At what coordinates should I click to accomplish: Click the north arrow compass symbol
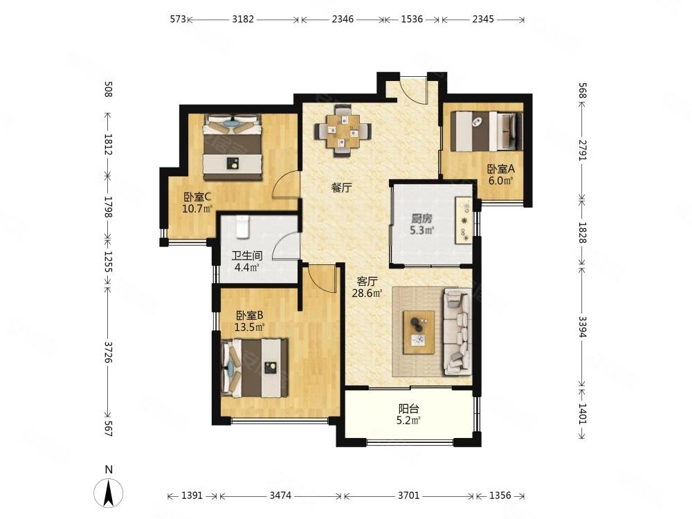click(109, 493)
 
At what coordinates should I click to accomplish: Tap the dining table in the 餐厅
click(343, 131)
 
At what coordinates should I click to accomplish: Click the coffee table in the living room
click(419, 332)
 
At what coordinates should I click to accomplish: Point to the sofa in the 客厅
click(458, 332)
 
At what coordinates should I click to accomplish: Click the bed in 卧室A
click(486, 131)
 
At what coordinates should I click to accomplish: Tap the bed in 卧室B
click(255, 367)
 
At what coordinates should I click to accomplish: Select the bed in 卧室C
click(233, 147)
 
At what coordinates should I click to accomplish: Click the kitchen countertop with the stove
click(464, 220)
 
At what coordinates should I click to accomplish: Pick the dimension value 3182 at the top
click(243, 19)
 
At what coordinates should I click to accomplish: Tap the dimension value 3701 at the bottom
click(408, 495)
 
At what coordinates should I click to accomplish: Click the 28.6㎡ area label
click(367, 293)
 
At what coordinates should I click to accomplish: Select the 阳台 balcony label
click(409, 409)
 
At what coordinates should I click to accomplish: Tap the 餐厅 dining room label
click(342, 188)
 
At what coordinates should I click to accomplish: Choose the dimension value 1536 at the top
click(412, 19)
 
